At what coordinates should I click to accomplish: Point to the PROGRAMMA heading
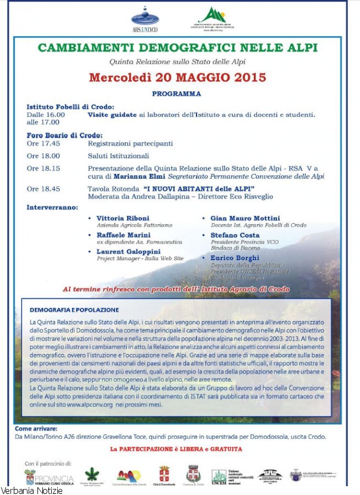click(x=177, y=94)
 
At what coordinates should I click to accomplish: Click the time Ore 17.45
click(x=43, y=143)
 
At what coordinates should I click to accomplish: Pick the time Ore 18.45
click(x=43, y=189)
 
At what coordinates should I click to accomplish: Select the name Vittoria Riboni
click(x=123, y=218)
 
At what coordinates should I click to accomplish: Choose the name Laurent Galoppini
click(x=129, y=251)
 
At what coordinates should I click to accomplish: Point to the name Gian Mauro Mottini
click(x=245, y=218)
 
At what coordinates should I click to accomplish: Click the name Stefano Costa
click(x=235, y=234)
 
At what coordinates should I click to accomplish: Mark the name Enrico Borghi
click(x=234, y=257)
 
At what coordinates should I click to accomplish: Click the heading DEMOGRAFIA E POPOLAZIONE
click(x=74, y=310)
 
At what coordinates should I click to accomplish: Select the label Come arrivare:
click(x=36, y=428)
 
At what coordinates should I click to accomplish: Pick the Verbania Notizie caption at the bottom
click(x=31, y=490)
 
